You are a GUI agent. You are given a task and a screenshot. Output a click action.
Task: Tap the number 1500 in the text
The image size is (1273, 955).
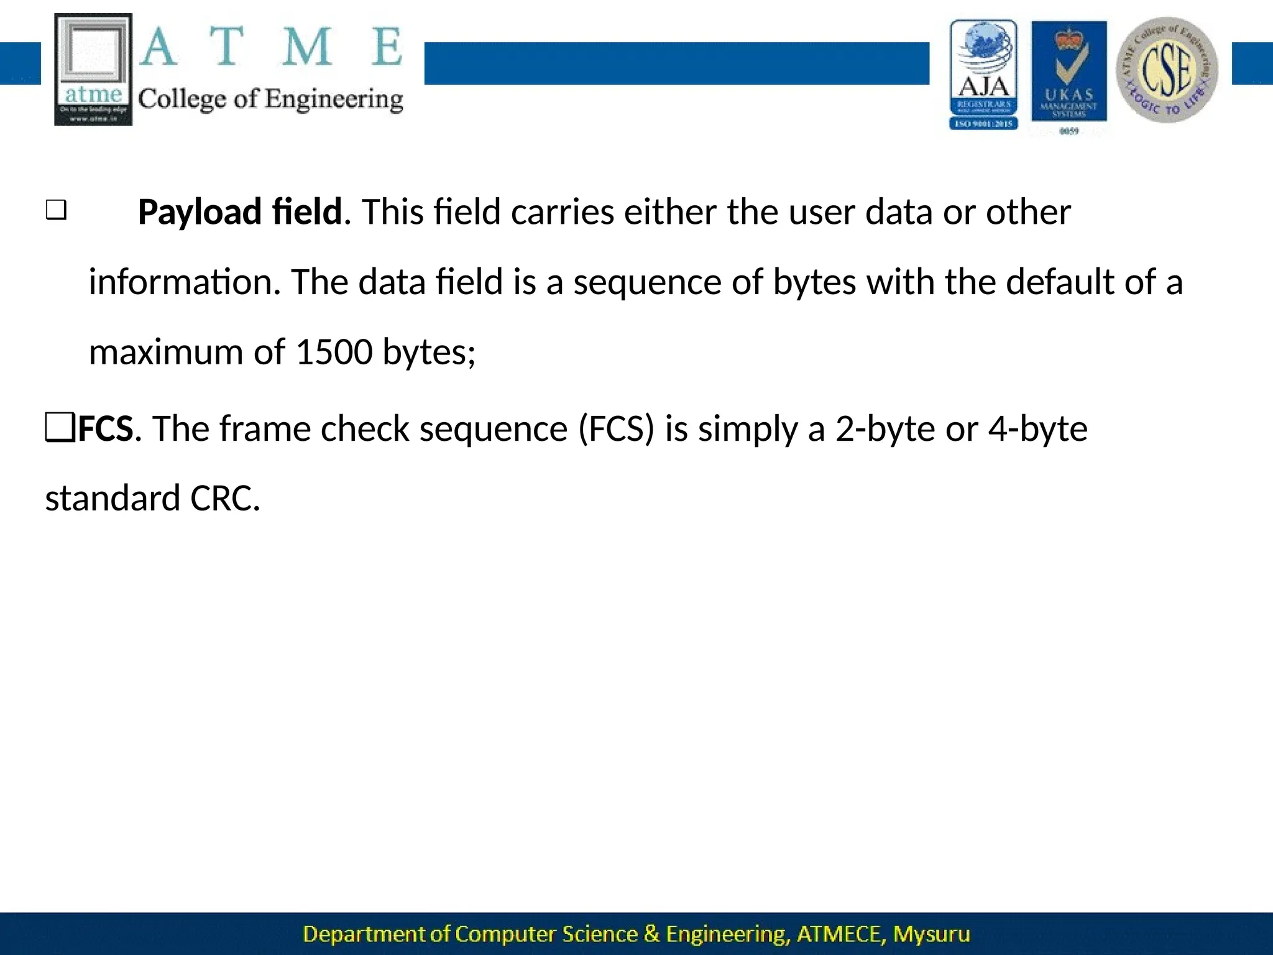(x=333, y=352)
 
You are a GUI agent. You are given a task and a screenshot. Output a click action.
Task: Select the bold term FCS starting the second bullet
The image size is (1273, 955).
(x=106, y=429)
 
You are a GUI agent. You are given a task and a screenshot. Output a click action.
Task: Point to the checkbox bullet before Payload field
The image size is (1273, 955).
(x=56, y=210)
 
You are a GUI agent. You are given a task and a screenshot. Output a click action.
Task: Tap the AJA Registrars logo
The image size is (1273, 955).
(x=983, y=75)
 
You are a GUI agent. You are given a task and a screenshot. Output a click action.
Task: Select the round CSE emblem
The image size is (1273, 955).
(x=1167, y=70)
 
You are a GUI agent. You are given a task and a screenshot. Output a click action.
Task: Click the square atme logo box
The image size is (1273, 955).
(x=93, y=70)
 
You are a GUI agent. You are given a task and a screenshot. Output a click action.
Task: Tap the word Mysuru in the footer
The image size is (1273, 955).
(x=931, y=934)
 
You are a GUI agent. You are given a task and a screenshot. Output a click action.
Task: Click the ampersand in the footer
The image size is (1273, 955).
(x=651, y=934)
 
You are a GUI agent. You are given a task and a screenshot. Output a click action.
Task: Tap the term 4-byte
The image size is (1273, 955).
(x=1037, y=429)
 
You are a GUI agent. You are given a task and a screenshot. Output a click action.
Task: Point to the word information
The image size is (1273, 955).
(x=180, y=282)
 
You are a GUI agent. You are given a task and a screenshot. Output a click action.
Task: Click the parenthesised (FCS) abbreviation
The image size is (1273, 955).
(x=616, y=429)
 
